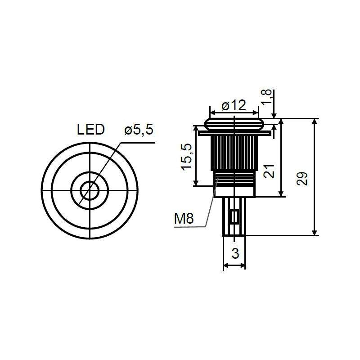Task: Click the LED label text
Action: [91, 130]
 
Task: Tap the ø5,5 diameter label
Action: [139, 130]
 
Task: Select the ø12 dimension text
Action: [234, 105]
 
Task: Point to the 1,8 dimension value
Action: [266, 97]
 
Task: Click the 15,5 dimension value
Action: [186, 157]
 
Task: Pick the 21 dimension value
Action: [269, 171]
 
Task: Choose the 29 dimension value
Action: [302, 178]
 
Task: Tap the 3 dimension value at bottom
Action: [235, 253]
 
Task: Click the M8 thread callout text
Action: [184, 218]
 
